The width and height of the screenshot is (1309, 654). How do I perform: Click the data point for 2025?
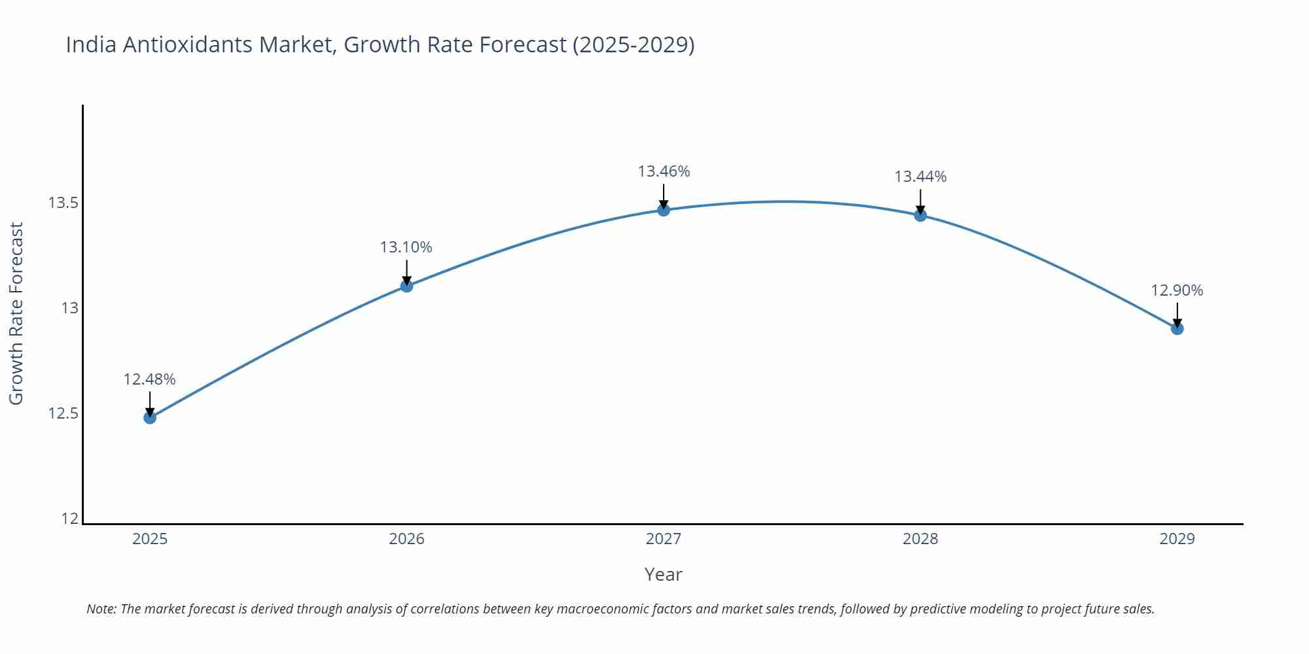coord(150,417)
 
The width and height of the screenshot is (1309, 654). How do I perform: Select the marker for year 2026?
coord(406,286)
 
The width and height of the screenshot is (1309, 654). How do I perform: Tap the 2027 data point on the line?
coord(664,210)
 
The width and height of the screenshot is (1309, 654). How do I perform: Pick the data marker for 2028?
coord(920,215)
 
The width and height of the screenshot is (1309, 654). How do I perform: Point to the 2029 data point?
coord(1177,328)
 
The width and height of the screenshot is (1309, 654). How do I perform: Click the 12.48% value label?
coord(149,379)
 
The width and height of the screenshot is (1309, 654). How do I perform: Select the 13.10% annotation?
coord(406,247)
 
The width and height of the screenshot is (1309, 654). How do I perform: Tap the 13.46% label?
coord(664,171)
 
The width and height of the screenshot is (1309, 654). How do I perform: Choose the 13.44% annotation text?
coord(920,177)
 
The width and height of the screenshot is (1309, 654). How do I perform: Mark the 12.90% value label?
coord(1177,290)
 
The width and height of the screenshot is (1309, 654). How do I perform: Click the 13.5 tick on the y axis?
coord(63,203)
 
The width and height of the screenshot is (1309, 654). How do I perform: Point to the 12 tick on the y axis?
coord(69,519)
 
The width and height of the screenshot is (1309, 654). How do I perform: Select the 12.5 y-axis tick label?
coord(63,413)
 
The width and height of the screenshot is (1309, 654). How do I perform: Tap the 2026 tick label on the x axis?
coord(406,539)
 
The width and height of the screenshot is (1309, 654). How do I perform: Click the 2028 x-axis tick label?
coord(920,539)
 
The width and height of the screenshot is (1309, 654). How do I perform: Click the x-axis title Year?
coord(663,574)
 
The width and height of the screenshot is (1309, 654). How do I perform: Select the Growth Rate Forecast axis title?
coord(16,313)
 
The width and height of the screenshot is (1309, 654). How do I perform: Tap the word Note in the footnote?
coord(101,609)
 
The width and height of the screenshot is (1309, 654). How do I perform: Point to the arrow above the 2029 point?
coord(1177,314)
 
